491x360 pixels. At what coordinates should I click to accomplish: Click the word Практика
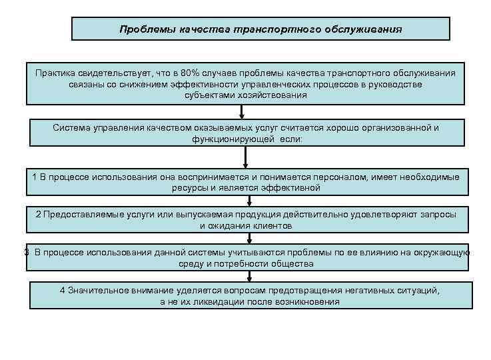coord(59,74)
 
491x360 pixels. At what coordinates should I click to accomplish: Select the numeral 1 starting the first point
coord(35,177)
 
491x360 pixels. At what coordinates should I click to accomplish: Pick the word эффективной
coord(293,188)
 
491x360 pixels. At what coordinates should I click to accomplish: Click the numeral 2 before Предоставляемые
coord(39,215)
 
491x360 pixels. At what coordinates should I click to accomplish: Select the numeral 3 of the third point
coord(26,253)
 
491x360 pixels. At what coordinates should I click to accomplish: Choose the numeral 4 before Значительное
coord(63,291)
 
